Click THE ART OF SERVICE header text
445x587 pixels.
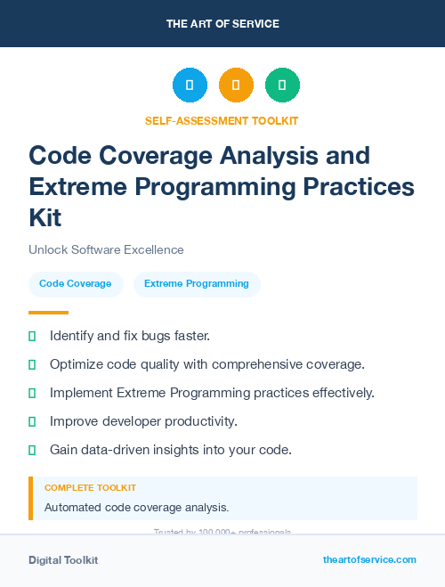pos(222,24)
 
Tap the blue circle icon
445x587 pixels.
pos(190,86)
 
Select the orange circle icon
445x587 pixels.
pos(236,86)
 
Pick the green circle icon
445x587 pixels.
pos(282,86)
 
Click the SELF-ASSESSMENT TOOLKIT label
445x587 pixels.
pos(222,120)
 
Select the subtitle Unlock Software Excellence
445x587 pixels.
pos(106,250)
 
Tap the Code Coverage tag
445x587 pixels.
pos(76,283)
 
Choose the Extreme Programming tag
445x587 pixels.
pos(197,283)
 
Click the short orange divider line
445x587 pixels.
pos(48,313)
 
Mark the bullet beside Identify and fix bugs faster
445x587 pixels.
pos(32,337)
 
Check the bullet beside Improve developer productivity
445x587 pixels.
pos(32,421)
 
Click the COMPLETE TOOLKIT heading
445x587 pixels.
pos(90,488)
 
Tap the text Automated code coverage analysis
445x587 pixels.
pos(136,508)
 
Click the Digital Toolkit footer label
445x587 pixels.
pos(63,560)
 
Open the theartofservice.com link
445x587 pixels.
pos(369,559)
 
